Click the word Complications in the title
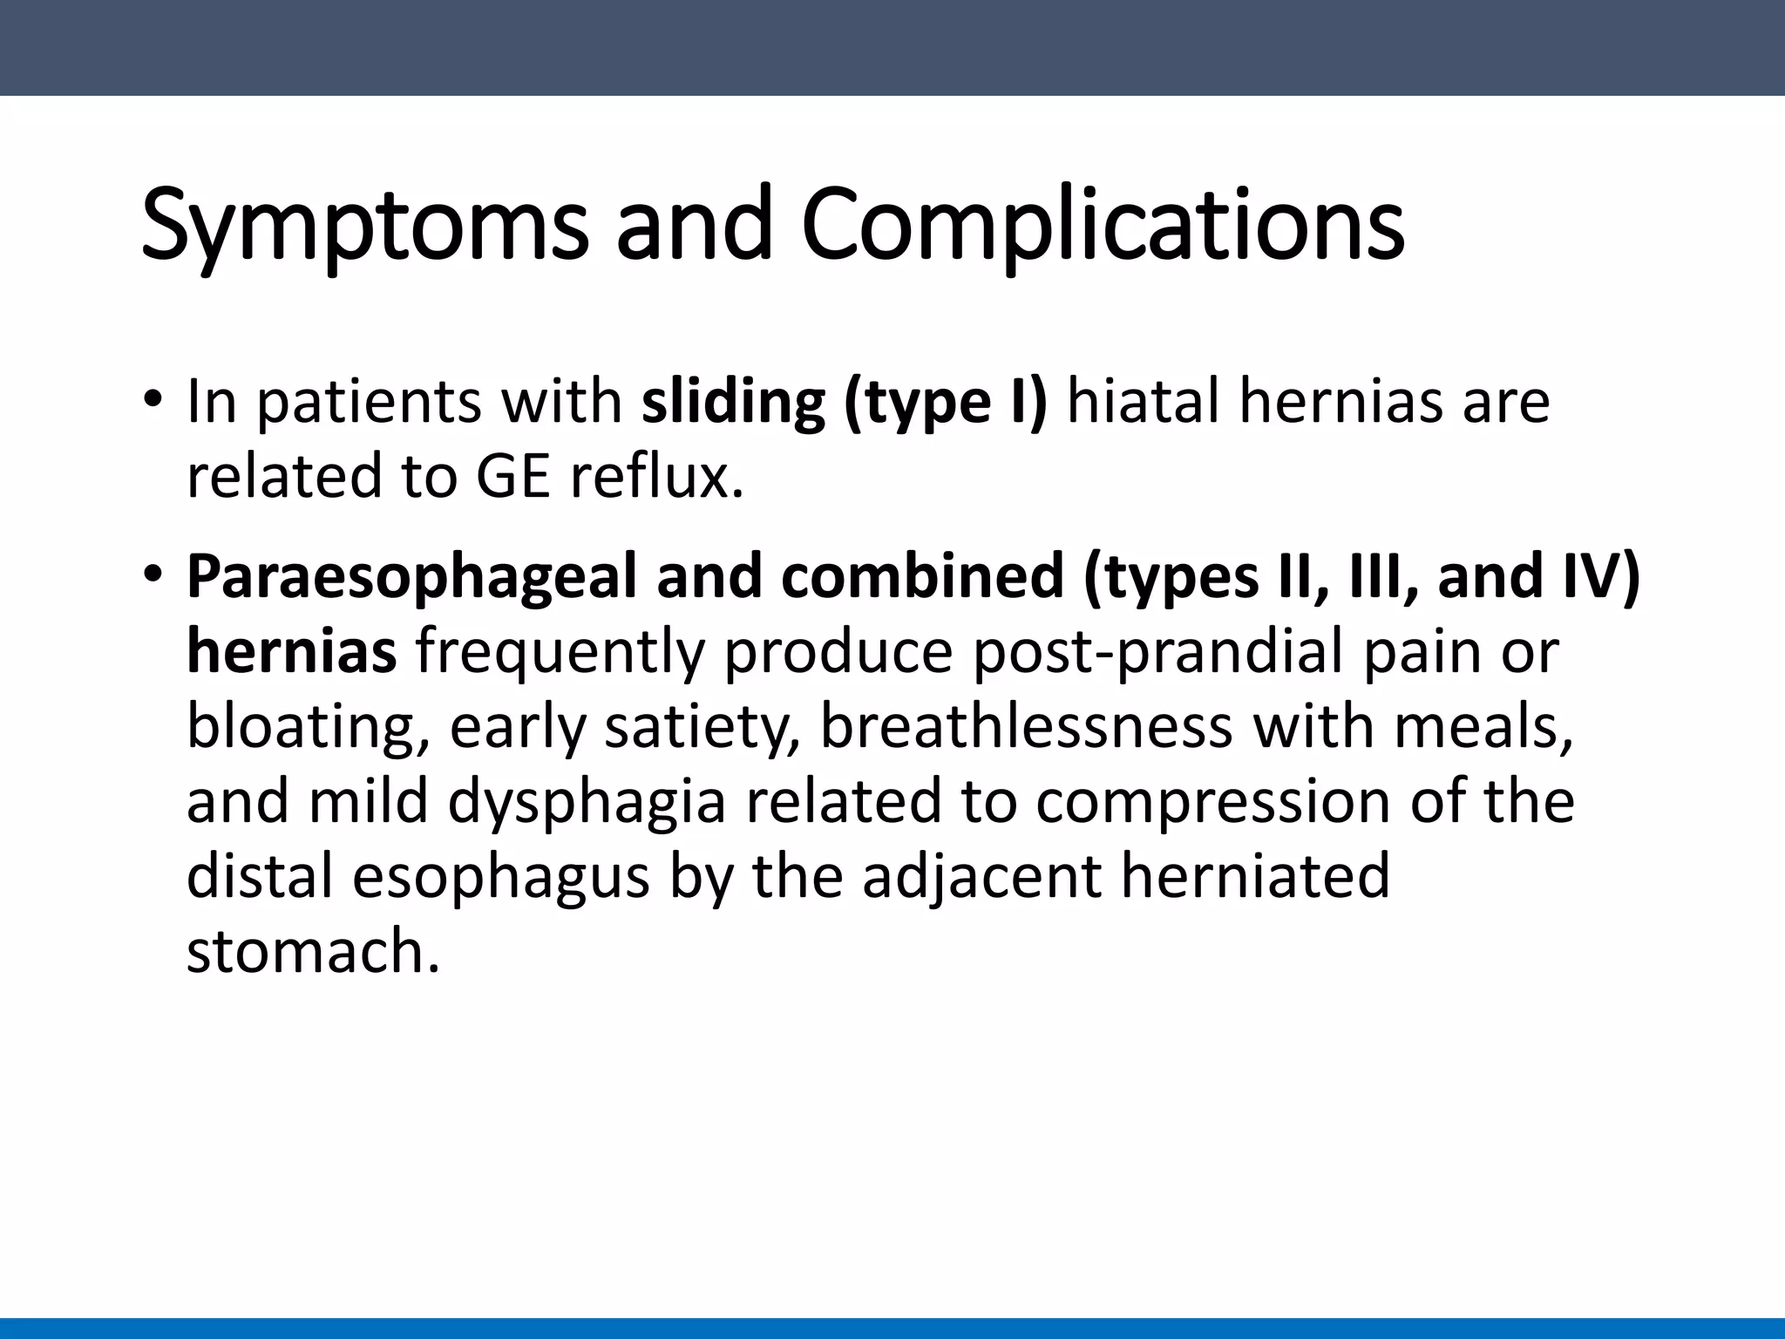pos(1102,225)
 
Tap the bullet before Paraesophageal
pos(153,575)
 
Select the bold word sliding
pos(732,403)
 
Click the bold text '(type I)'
pos(945,403)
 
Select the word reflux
pos(657,478)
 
